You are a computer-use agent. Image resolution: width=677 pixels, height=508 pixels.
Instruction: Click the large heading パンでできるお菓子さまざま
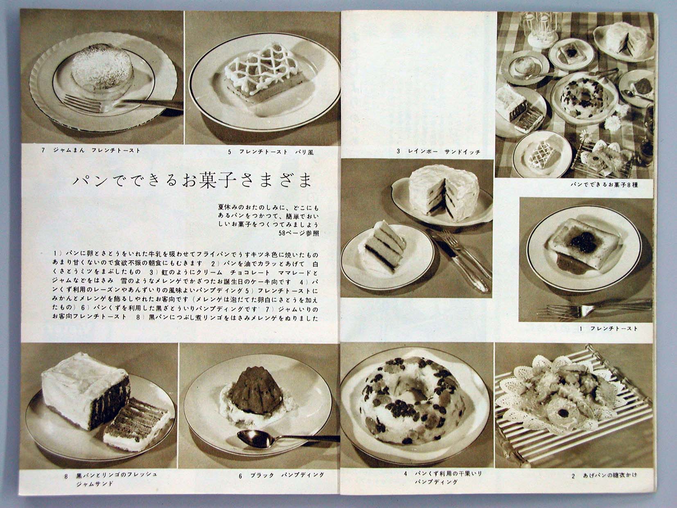(x=192, y=182)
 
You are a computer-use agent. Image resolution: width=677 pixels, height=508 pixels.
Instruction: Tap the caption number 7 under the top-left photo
(x=43, y=151)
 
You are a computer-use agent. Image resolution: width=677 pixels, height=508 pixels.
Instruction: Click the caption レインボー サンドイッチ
(x=443, y=152)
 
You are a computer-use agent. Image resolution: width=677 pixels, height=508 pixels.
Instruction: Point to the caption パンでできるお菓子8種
(x=604, y=185)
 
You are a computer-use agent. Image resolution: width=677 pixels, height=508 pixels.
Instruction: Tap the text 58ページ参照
(x=298, y=233)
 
